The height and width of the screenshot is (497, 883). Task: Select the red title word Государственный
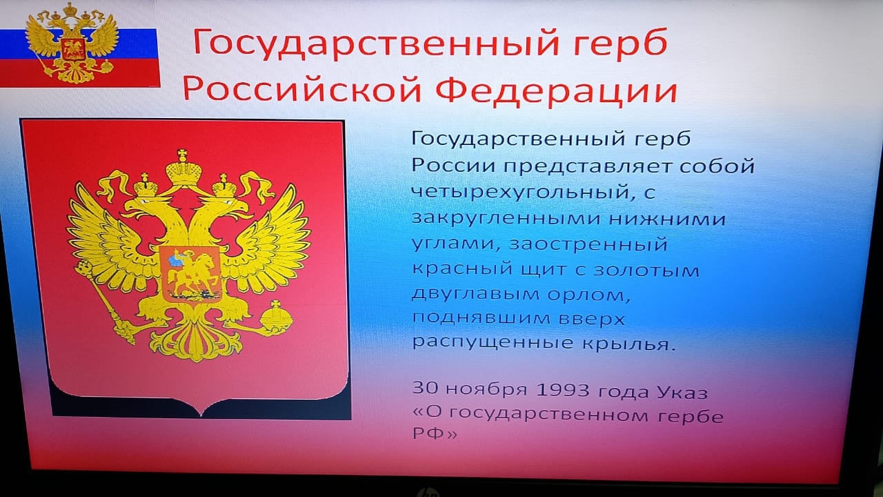tap(377, 43)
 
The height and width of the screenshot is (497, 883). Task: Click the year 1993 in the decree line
tap(563, 390)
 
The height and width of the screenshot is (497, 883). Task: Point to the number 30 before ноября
tap(426, 388)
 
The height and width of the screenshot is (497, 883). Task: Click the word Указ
tap(682, 391)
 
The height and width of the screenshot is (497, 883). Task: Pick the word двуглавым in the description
tap(475, 294)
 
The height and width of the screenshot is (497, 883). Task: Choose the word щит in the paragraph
tap(545, 269)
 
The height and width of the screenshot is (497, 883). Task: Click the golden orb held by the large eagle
tap(277, 318)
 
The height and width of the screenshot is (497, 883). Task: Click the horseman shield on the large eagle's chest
tap(190, 273)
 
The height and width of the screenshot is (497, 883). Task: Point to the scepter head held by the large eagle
tap(83, 269)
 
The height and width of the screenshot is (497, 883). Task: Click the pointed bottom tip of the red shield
tap(201, 414)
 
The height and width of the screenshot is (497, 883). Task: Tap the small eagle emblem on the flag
tap(72, 43)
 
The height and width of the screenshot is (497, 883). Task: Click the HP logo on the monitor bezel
tap(428, 493)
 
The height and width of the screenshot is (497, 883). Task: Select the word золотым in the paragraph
tap(647, 270)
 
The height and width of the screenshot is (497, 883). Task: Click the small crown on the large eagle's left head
tap(146, 186)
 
